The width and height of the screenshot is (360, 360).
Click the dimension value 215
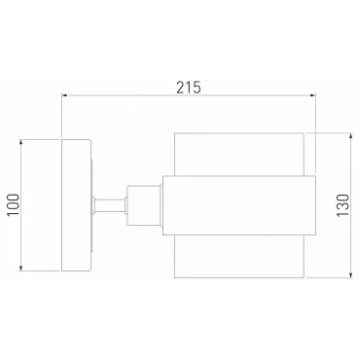[x=189, y=88]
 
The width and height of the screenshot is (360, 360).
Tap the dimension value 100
[x=14, y=205]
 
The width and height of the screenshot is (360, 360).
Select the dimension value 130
[x=342, y=205]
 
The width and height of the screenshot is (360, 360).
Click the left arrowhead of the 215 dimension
[x=64, y=95]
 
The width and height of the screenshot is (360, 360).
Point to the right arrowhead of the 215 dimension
[x=313, y=95]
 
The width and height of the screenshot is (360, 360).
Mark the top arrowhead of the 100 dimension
[x=20, y=142]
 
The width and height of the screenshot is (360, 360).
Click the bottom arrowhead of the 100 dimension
[x=20, y=268]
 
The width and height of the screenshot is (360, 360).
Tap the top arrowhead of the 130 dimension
[x=350, y=135]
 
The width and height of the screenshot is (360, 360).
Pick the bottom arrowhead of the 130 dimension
[x=350, y=275]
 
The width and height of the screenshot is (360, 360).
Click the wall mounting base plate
[x=76, y=205]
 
